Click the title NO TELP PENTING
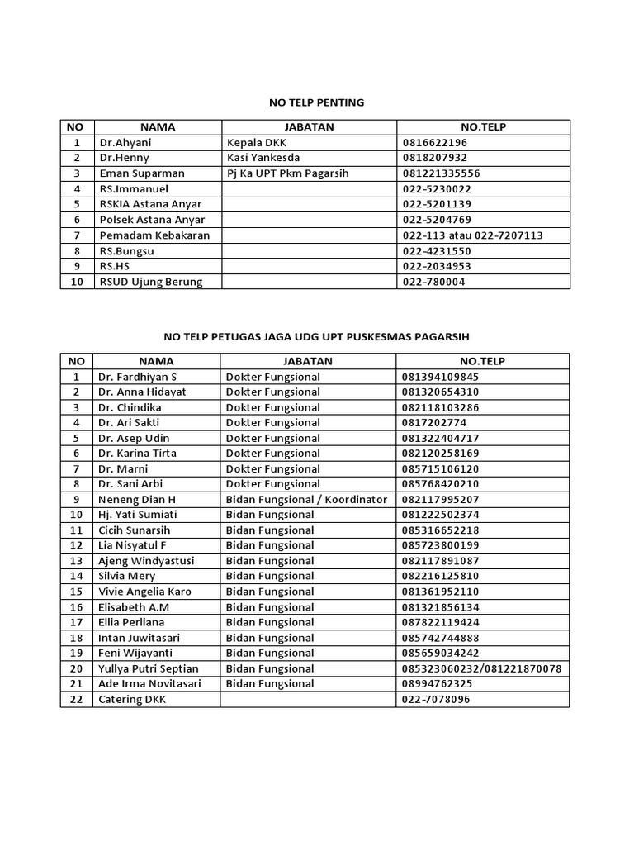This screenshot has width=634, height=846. pyautogui.click(x=316, y=103)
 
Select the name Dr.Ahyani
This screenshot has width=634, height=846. pyautogui.click(x=125, y=142)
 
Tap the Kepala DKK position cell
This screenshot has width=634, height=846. pyautogui.click(x=256, y=142)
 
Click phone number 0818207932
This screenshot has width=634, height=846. pyautogui.click(x=435, y=158)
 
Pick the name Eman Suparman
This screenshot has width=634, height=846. pyautogui.click(x=142, y=173)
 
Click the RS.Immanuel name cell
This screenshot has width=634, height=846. pyautogui.click(x=134, y=188)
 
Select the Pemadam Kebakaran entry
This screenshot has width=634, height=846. pyautogui.click(x=154, y=235)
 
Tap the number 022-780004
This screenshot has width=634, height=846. pyautogui.click(x=434, y=282)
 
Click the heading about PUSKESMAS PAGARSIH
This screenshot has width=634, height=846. pyautogui.click(x=316, y=337)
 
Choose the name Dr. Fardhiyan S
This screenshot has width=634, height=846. pyautogui.click(x=138, y=377)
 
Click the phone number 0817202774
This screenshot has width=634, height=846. pyautogui.click(x=435, y=423)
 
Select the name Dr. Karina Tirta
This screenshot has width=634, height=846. pyautogui.click(x=138, y=454)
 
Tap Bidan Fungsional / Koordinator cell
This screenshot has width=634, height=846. pyautogui.click(x=306, y=500)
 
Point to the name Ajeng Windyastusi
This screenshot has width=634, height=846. pyautogui.click(x=147, y=561)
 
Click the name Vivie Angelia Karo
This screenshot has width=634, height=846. pyautogui.click(x=145, y=592)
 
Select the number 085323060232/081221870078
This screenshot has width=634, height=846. pyautogui.click(x=482, y=668)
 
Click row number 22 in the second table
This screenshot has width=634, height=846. pyautogui.click(x=77, y=699)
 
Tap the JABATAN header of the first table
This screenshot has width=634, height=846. pyautogui.click(x=309, y=127)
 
